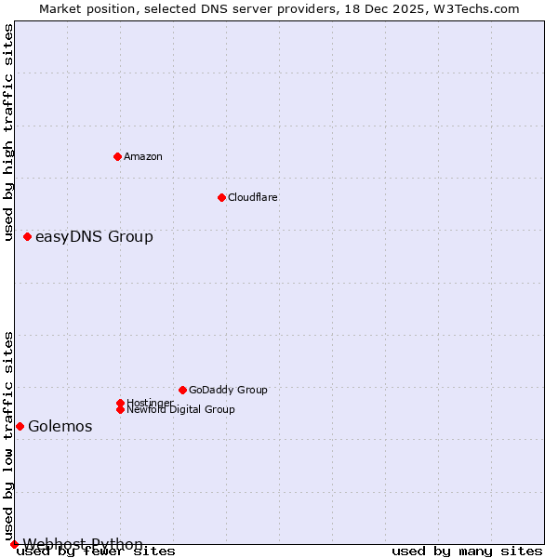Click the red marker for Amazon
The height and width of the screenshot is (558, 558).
point(117,156)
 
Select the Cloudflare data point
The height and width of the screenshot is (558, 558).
point(221,197)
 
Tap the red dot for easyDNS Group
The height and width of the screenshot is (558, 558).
point(27,237)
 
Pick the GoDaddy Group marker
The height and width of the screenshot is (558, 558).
point(182,390)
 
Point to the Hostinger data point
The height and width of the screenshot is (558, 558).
point(120,403)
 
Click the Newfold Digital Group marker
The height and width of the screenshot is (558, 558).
point(120,409)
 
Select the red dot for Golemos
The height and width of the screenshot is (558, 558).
point(20,426)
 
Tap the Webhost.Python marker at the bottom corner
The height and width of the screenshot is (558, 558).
point(14,544)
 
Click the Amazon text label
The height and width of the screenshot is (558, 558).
point(142,156)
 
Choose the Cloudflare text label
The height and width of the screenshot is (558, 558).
point(252,197)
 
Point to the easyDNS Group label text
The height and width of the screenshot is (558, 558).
point(94,237)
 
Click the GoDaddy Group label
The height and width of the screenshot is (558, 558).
point(228,390)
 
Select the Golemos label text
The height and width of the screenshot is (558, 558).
point(60,427)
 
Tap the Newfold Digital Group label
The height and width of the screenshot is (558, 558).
point(180,409)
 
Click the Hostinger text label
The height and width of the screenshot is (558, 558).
point(150,403)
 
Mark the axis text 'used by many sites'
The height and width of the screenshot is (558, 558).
point(467,551)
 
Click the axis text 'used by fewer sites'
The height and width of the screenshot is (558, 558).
point(97,551)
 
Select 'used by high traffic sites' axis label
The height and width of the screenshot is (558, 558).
point(9,132)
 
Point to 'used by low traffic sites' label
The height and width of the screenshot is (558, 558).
point(9,435)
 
